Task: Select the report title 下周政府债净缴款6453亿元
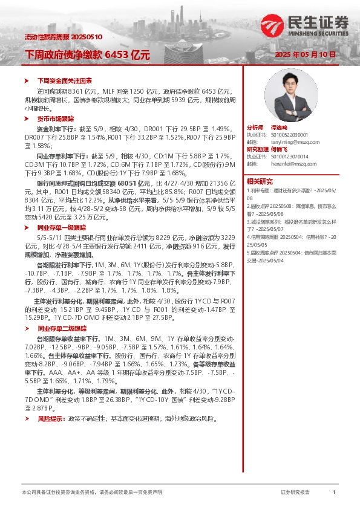tap(87, 55)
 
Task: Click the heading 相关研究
tap(260, 181)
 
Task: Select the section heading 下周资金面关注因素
tap(65, 80)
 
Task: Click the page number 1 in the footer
tap(333, 493)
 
